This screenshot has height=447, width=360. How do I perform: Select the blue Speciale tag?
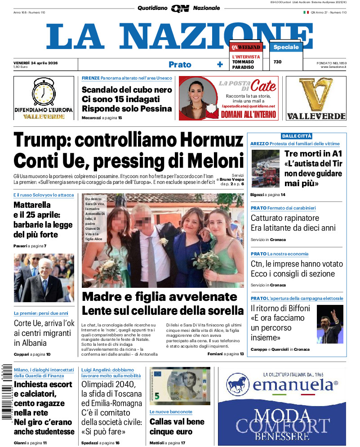tap(286, 47)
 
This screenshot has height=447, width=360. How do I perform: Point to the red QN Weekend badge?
tap(246, 47)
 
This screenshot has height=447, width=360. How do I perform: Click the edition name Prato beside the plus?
tap(180, 64)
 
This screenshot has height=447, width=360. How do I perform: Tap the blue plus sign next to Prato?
tap(220, 64)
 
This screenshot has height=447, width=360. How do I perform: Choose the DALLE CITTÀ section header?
tap(297, 136)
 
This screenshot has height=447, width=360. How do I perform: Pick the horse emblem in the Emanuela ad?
tap(238, 385)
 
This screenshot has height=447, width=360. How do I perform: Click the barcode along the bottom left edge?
tap(6, 391)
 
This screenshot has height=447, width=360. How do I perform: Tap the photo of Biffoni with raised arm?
tap(330, 324)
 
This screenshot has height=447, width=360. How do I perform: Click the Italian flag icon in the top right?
tap(306, 13)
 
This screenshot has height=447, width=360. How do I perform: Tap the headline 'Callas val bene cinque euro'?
tap(177, 426)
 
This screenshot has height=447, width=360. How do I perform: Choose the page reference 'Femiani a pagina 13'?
tap(226, 354)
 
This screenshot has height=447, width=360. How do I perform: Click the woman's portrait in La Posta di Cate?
tap(197, 98)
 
